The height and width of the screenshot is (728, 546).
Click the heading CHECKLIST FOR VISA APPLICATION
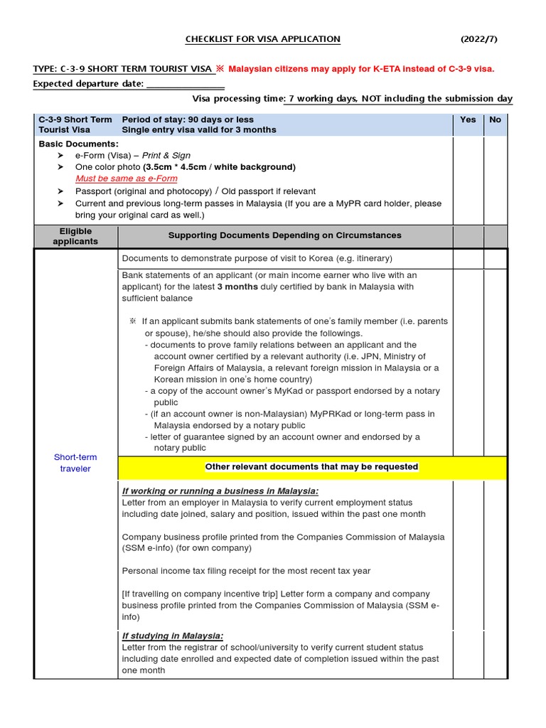click(x=262, y=39)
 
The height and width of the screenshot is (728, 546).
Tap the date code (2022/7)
click(x=479, y=39)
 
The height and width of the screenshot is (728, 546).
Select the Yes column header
click(x=468, y=119)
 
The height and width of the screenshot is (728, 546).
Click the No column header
click(x=496, y=119)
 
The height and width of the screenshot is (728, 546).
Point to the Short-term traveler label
click(x=75, y=463)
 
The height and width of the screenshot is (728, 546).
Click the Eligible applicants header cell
click(x=75, y=236)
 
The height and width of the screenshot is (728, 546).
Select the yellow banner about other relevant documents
click(x=311, y=467)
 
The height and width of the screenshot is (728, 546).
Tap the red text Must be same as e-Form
click(x=127, y=178)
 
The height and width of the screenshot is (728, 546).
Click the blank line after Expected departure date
click(x=185, y=85)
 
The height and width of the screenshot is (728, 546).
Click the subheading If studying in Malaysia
click(x=173, y=636)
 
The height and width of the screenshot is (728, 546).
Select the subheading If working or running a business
click(x=220, y=491)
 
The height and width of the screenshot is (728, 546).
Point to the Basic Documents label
click(x=78, y=144)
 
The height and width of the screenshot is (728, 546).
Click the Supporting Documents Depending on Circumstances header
click(x=284, y=235)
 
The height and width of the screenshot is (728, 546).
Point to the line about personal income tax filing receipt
click(x=246, y=571)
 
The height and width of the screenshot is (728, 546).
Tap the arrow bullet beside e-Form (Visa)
click(x=60, y=156)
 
